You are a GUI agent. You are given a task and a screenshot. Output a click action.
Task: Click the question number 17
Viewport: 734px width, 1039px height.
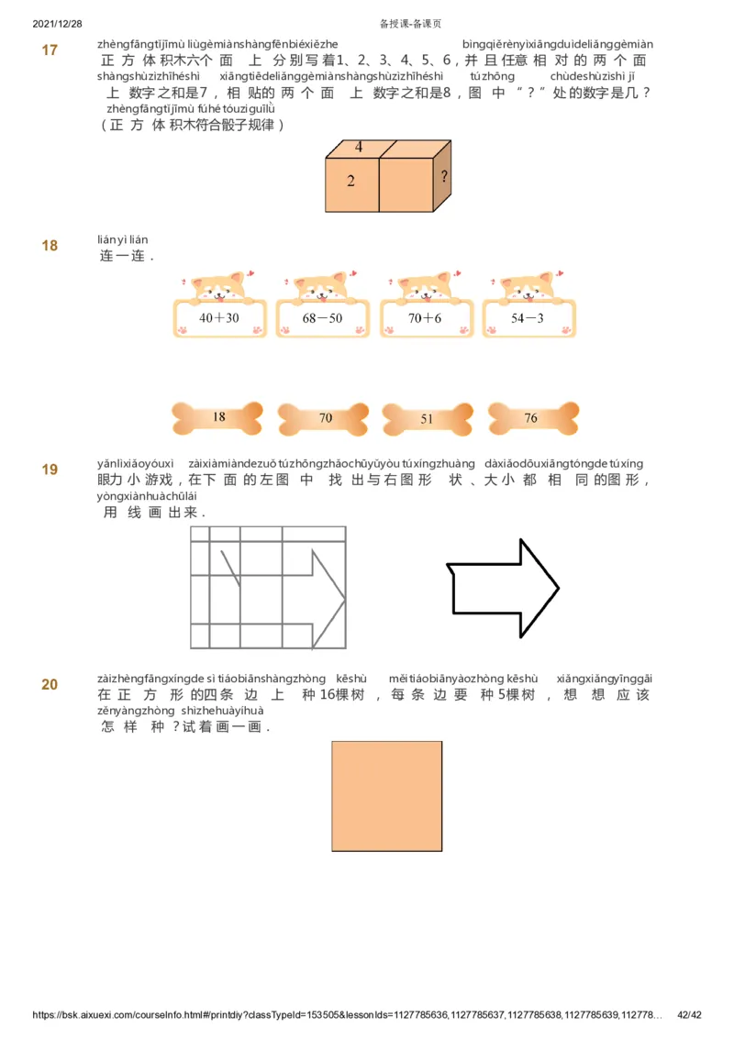[50, 50]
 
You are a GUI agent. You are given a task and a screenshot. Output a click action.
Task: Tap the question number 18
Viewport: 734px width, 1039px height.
[50, 246]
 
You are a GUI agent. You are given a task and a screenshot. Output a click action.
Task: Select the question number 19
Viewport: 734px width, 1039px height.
[50, 470]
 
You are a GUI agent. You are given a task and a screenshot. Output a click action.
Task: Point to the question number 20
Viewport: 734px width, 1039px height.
[50, 684]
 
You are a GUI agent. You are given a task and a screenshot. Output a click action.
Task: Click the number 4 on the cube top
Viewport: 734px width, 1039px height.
[359, 147]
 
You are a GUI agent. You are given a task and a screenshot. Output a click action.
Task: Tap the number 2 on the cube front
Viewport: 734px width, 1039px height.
[350, 182]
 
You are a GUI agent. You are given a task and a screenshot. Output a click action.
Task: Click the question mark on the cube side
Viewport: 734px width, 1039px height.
[444, 176]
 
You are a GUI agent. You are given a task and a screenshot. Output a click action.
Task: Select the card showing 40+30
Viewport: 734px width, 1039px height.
[219, 318]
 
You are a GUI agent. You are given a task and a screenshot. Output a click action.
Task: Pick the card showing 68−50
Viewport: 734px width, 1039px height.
[323, 318]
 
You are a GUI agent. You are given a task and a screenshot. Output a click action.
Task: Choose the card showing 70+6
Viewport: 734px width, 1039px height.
[426, 318]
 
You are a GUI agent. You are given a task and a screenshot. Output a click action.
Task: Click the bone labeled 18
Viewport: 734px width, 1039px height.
[218, 418]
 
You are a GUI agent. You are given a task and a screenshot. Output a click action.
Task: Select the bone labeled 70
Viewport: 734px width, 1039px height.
[325, 419]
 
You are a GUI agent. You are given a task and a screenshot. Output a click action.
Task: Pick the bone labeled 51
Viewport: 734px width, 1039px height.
[427, 419]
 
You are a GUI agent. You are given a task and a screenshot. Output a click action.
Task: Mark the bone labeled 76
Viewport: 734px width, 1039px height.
[531, 419]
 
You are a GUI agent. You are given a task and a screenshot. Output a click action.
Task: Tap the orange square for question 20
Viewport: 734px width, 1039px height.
[386, 796]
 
